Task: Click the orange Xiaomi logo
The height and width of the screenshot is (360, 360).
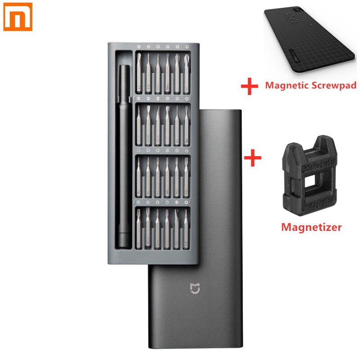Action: (x=18, y=18)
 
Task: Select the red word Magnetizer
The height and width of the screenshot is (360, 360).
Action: (x=311, y=227)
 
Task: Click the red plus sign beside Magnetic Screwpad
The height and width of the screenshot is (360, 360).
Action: (x=250, y=85)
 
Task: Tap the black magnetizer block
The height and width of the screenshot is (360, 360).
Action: (x=310, y=180)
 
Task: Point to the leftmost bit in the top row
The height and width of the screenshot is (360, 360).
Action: (x=139, y=72)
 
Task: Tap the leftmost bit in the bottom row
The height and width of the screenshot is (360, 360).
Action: (x=139, y=227)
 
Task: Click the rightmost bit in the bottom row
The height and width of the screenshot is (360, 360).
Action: (x=186, y=227)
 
